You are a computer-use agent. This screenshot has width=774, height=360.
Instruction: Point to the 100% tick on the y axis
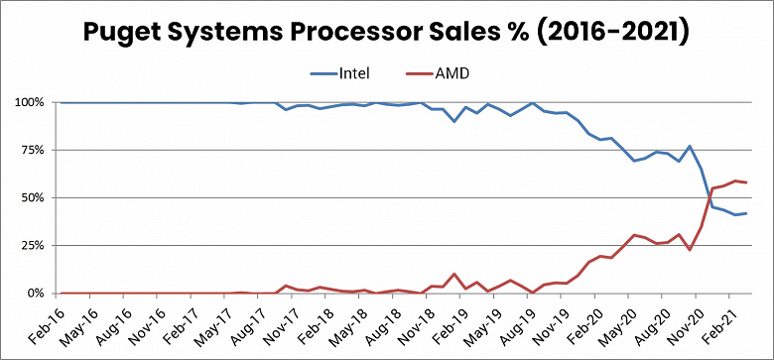pos(31,102)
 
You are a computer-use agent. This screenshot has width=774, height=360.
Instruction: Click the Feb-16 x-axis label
pos(45,324)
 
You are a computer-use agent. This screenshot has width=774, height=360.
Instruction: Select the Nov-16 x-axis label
pos(146,324)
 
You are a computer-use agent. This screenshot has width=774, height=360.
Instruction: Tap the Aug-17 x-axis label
pos(247,324)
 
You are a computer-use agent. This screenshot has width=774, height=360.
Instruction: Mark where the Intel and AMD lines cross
pos(707,197)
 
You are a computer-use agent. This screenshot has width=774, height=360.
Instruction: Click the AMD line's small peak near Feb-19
pos(454,274)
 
